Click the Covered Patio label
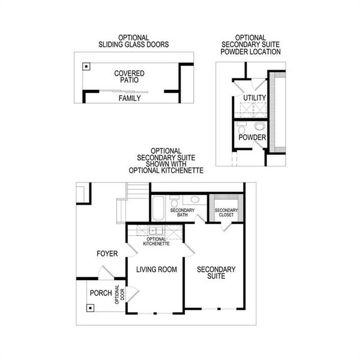point(130,77)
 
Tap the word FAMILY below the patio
point(130,98)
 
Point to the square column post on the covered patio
point(86,67)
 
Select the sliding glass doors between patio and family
point(129,91)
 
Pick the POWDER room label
point(252,138)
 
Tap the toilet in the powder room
point(241,128)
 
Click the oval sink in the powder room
point(260,126)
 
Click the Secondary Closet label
point(227,213)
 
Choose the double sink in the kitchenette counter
point(156,230)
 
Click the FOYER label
point(107,254)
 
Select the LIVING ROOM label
point(156,270)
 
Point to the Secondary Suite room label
point(216,273)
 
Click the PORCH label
point(100,293)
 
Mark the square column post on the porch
point(89,308)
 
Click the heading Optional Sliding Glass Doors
point(134,41)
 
